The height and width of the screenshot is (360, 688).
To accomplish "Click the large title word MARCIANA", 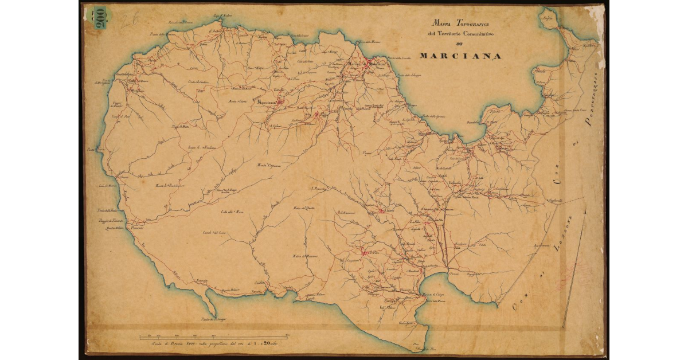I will coord(460,56).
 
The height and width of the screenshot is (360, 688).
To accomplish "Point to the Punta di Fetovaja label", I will coord(214,318).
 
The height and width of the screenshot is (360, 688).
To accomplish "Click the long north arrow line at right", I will coord(573,269).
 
